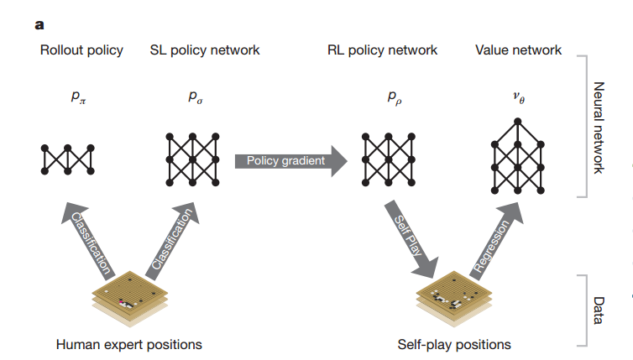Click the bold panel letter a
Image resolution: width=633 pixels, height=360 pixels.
[39, 23]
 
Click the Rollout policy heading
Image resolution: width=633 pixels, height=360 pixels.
[81, 50]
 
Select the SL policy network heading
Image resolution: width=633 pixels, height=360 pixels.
[205, 50]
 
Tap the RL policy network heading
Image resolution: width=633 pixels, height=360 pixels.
[382, 50]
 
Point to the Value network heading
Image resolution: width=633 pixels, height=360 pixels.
[518, 50]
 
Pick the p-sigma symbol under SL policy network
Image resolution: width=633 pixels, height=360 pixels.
[195, 98]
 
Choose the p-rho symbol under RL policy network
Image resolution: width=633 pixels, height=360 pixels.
[394, 98]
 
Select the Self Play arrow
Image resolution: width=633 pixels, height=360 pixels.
[409, 239]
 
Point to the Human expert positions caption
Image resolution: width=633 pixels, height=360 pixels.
[128, 344]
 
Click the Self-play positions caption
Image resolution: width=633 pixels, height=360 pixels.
[453, 344]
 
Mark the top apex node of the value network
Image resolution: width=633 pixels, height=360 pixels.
[519, 120]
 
